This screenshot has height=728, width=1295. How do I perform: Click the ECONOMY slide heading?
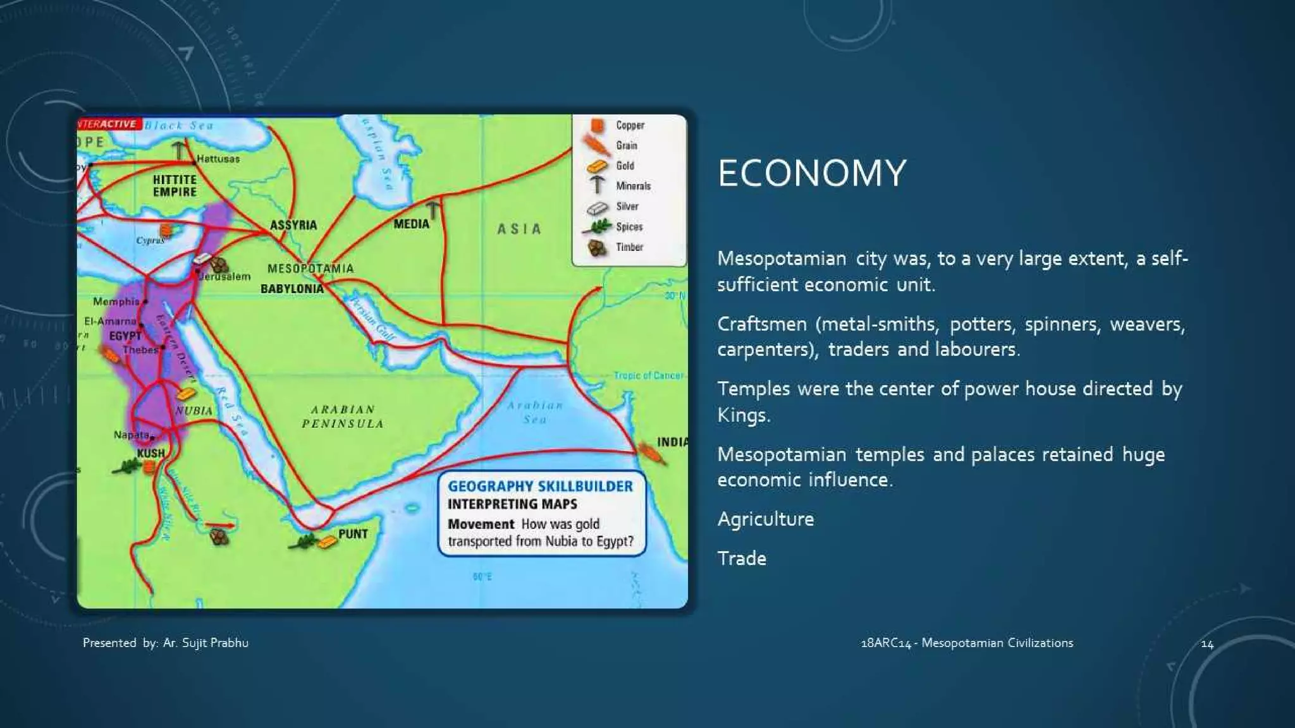[812, 173]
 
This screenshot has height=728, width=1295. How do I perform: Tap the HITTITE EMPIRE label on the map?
[175, 186]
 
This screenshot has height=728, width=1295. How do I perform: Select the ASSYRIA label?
[293, 225]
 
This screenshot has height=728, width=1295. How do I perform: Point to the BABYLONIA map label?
[292, 289]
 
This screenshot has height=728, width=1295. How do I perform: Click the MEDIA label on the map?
[411, 224]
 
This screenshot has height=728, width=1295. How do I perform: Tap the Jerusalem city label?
[225, 277]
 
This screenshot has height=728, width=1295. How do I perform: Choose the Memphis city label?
[116, 301]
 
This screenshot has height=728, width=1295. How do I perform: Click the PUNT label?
[353, 534]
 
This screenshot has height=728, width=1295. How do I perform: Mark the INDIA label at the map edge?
[672, 442]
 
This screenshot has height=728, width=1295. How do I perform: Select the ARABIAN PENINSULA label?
[343, 417]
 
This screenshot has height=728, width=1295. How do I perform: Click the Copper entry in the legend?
[630, 125]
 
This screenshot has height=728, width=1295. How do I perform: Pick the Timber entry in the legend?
[629, 247]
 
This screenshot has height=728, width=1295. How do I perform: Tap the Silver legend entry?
[627, 207]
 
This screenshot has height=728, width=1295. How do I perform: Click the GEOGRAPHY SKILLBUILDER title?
[540, 486]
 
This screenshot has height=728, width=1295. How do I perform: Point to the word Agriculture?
[766, 519]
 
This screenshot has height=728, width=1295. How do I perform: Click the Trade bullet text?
[742, 559]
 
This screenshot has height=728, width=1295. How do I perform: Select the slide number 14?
[1207, 644]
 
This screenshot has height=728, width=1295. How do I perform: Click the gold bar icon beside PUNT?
[328, 542]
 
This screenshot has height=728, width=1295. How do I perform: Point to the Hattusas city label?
[218, 159]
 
